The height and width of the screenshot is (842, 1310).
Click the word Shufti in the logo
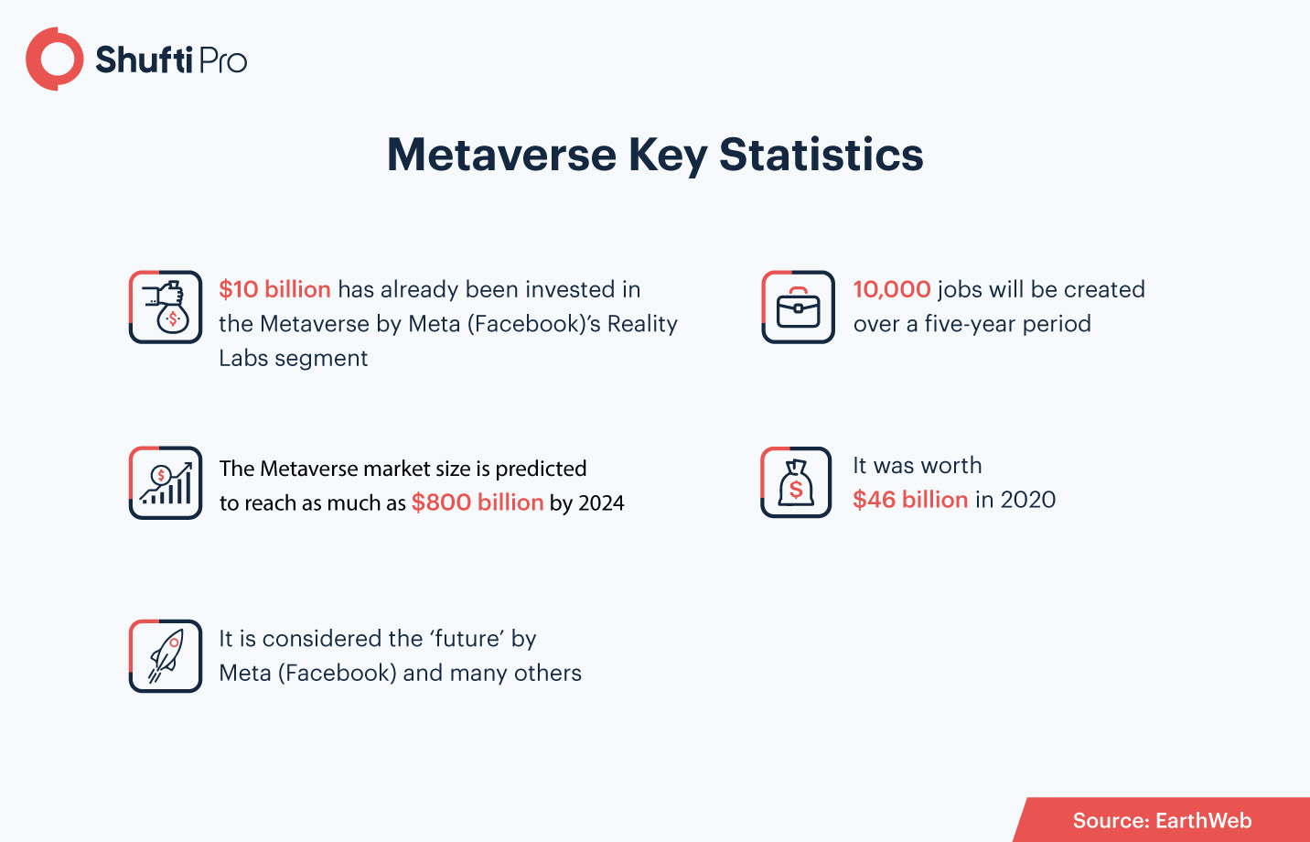(144, 59)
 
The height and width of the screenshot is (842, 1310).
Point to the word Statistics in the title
(821, 155)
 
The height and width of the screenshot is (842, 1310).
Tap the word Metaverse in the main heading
(502, 155)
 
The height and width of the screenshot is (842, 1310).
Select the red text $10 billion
(274, 289)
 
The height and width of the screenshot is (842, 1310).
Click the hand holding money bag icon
(166, 308)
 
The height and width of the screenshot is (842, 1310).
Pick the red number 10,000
(892, 289)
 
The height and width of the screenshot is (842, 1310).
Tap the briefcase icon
(799, 308)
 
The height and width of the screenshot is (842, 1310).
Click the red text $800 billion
(478, 502)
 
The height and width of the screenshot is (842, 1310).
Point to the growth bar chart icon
(166, 482)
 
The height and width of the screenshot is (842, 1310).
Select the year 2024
(601, 503)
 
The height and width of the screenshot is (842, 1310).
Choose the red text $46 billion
(910, 500)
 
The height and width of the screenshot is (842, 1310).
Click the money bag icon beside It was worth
(796, 482)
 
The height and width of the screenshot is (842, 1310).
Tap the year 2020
(1028, 500)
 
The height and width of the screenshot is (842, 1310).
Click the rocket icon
(166, 656)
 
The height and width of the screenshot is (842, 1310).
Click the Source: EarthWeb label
(1162, 820)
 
